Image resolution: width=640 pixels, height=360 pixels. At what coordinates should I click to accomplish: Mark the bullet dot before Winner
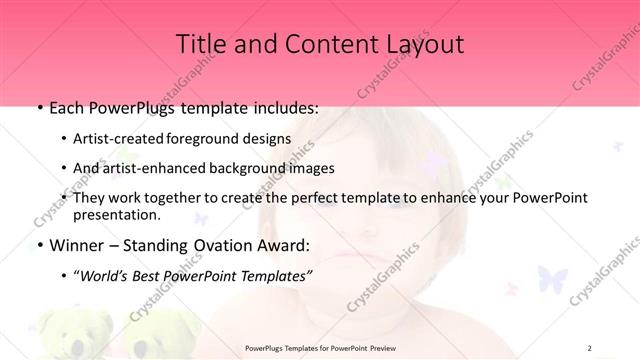tap(38, 245)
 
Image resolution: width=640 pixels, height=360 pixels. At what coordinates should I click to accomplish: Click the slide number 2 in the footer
tap(590, 347)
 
